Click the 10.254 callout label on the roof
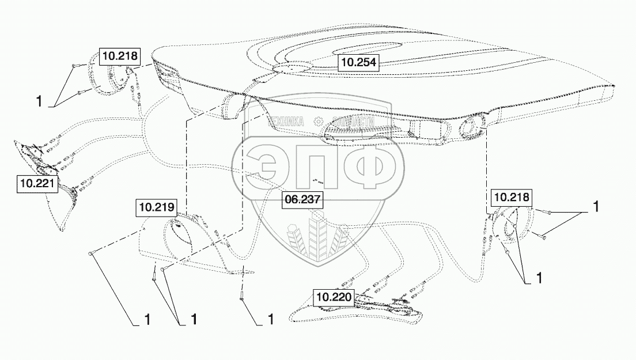[x=358, y=62]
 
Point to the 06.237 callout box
[x=302, y=199]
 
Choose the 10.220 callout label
[x=334, y=298]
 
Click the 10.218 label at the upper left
[x=120, y=56]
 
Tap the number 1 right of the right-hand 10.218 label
[x=596, y=205]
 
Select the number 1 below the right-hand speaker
[x=539, y=278]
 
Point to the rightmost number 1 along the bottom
[x=270, y=318]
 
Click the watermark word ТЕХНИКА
[x=285, y=122]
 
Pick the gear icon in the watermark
[x=318, y=122]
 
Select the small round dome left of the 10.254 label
[x=292, y=67]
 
